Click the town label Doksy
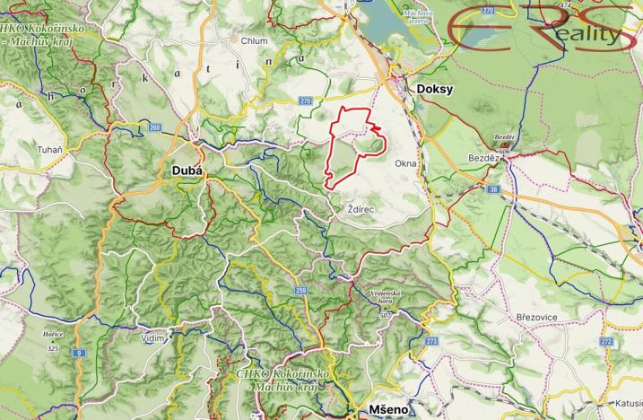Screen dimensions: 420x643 (436, 90)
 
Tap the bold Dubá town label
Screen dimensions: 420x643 (187, 171)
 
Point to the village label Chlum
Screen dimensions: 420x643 (255, 40)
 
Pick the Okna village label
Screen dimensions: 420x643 (404, 163)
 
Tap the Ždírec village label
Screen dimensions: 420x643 (360, 208)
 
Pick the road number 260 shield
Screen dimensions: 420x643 (154, 127)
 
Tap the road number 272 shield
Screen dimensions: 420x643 (606, 341)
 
